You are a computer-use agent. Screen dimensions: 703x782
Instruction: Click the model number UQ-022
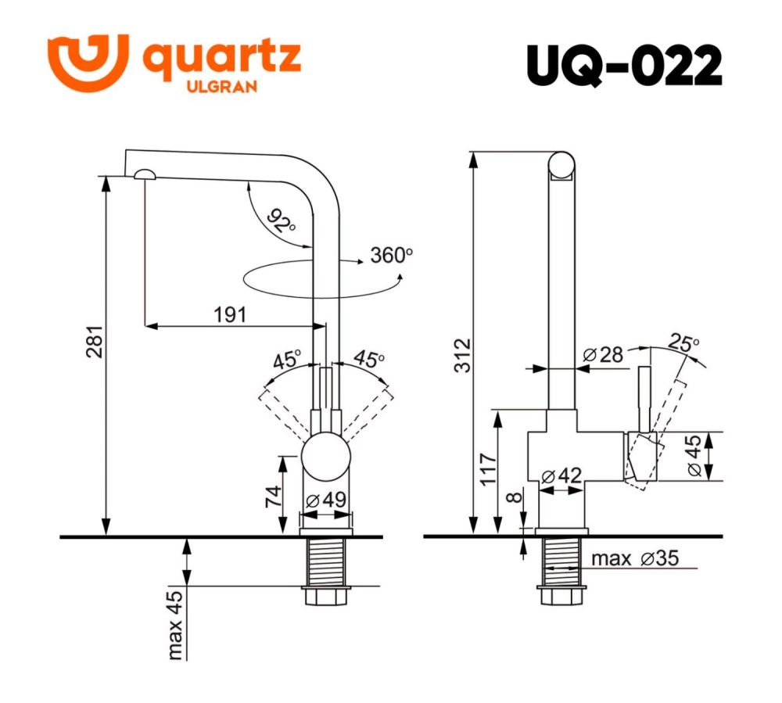[623, 66]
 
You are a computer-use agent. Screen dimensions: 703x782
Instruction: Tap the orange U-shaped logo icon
[87, 62]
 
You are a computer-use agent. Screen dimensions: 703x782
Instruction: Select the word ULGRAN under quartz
[221, 88]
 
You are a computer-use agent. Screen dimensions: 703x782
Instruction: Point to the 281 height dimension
[91, 342]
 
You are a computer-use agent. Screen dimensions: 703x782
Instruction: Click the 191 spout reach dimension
[230, 314]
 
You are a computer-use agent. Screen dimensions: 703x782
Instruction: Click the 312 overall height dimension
[462, 355]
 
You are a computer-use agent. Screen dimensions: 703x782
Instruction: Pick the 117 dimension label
[486, 469]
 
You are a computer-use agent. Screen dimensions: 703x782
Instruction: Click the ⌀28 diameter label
[603, 354]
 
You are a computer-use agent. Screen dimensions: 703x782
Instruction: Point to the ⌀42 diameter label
[561, 475]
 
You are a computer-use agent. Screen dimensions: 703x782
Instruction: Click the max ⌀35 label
[634, 558]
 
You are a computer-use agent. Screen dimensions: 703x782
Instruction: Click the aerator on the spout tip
[145, 175]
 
